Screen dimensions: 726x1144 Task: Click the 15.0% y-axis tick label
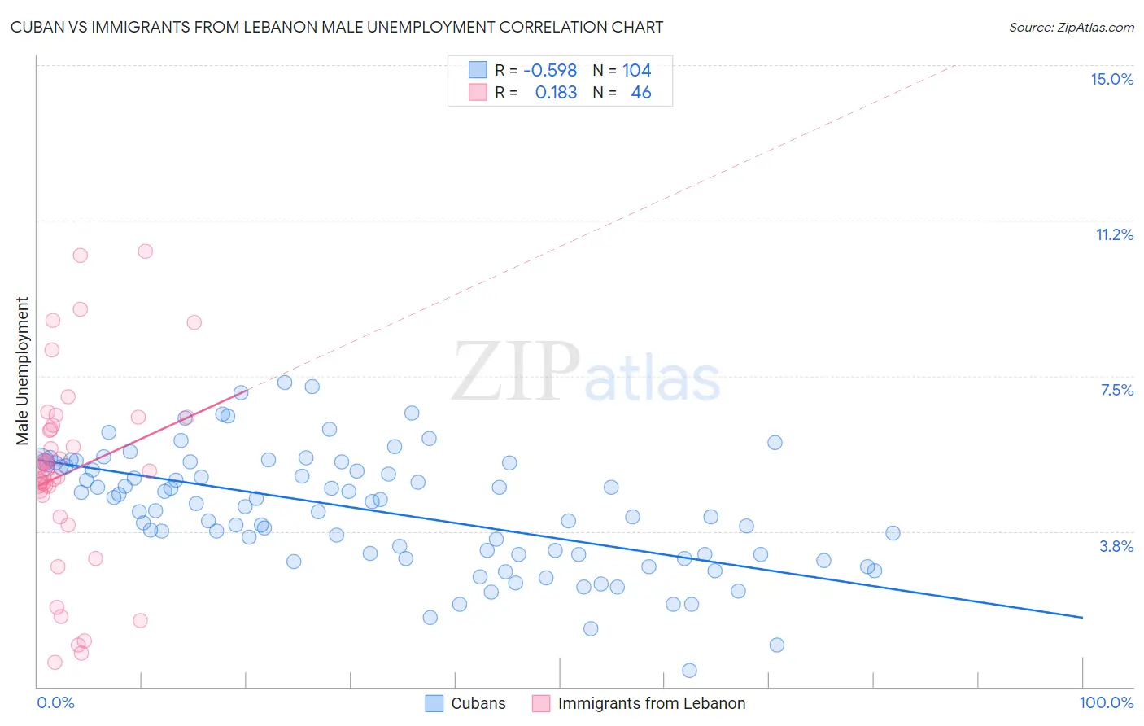coord(1111,79)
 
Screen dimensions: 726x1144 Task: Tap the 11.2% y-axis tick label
coord(1114,234)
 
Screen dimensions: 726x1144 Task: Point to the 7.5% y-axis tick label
coord(1116,390)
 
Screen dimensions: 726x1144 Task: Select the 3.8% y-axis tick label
coord(1116,546)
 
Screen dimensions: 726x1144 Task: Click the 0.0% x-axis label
coord(55,702)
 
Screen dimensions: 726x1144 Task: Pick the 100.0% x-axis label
coord(1106,702)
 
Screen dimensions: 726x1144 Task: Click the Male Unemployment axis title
coord(22,370)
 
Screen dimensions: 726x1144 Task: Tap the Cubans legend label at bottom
coord(478,703)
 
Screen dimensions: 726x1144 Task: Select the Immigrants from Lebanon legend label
coord(651,703)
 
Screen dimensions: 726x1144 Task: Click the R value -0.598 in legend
coord(550,71)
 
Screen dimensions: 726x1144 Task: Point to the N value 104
coord(636,71)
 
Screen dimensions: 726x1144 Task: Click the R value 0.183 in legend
coord(556,93)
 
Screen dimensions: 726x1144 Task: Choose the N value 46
coord(641,93)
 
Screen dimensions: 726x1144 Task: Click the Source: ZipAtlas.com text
coord(1071,28)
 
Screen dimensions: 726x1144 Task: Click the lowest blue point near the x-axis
coord(689,671)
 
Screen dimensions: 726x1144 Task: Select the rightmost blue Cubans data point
coord(893,533)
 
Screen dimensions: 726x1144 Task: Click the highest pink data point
coord(145,251)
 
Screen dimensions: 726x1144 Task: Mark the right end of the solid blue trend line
coord(1082,618)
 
